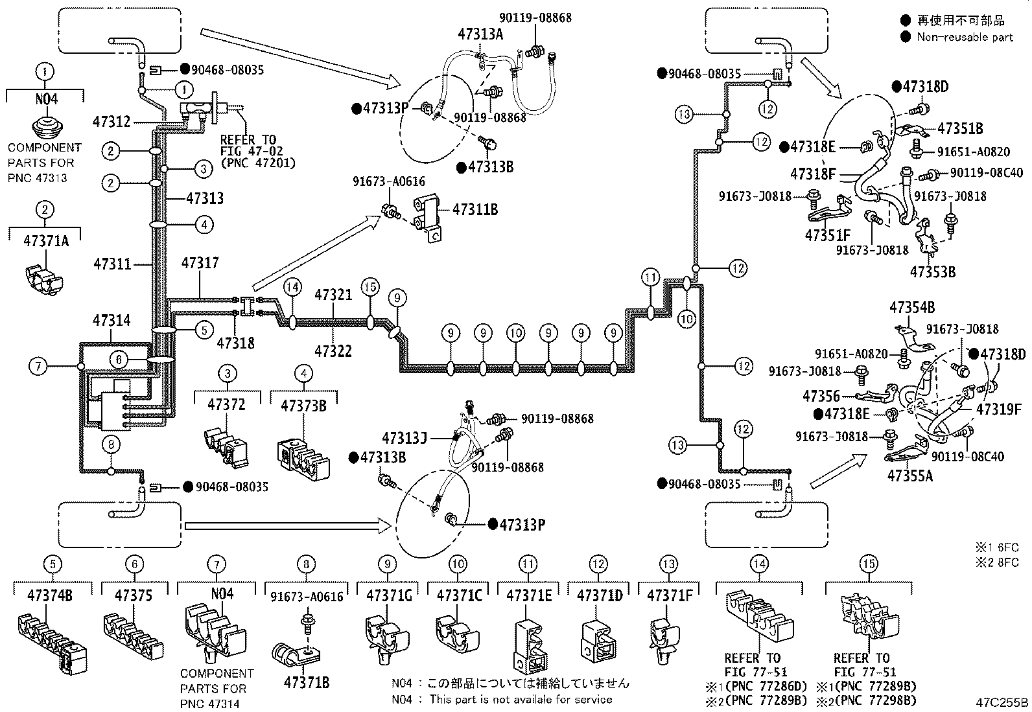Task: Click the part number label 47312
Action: [x=111, y=121]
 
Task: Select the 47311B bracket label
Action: [x=475, y=210]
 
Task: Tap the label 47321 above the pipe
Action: [x=333, y=295]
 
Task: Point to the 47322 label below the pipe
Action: [x=333, y=350]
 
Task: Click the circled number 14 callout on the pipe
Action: [x=293, y=286]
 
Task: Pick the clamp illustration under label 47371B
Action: [x=293, y=655]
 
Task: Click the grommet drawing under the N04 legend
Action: [x=44, y=128]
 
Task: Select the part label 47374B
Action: [x=53, y=595]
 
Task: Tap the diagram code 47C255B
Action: [x=1002, y=702]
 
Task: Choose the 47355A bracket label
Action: [x=910, y=475]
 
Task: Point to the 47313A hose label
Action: [x=480, y=35]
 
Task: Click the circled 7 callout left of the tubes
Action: [x=38, y=367]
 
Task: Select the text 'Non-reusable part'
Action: [x=964, y=37]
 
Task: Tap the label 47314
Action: [x=111, y=320]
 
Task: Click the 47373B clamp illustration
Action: [x=303, y=453]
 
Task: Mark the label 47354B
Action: [x=911, y=307]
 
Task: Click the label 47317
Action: [x=200, y=263]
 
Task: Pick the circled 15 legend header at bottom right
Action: [x=869, y=564]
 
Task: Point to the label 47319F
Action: [x=998, y=409]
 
